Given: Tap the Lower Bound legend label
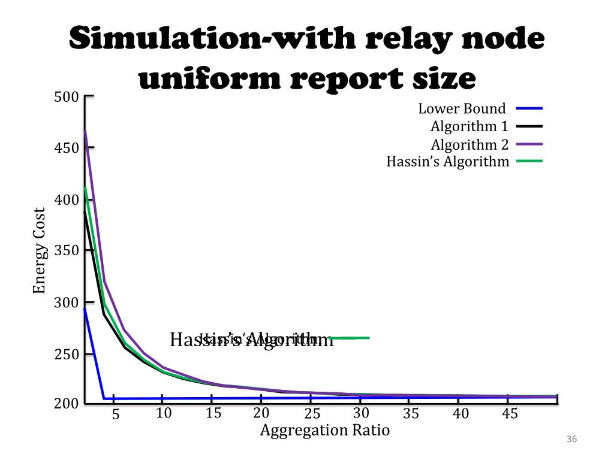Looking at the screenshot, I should point(462,109).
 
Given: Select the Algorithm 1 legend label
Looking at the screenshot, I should point(469,126).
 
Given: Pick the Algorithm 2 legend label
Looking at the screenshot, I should point(469,144).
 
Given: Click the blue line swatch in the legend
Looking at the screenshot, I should point(528,109).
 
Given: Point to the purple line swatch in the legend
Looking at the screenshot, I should point(528,144).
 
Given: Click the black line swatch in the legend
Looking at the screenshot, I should point(528,126).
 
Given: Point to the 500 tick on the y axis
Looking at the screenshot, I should point(66,97).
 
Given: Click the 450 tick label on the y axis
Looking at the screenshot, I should point(66,148).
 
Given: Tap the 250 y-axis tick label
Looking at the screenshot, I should point(66,354).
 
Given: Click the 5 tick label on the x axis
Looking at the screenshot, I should point(116,414).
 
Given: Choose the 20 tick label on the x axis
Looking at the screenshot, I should point(261,413).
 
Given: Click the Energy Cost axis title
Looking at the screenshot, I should point(39,250).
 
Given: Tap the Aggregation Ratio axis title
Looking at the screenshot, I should point(324,430).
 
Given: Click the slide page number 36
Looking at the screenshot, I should point(571,440).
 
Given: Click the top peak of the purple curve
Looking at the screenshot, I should point(85,131).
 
